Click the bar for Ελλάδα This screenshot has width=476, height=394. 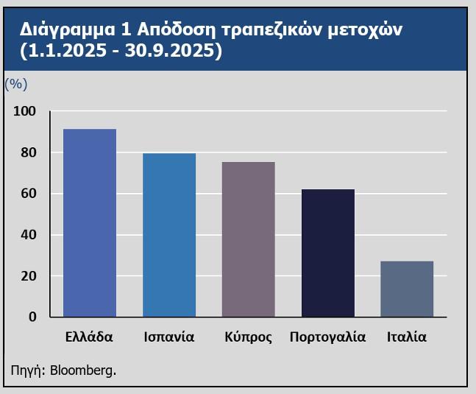pos(90,223)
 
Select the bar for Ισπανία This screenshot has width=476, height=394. pos(169,235)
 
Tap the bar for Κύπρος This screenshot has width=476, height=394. pos(249,239)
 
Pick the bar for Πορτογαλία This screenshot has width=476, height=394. pos(328,253)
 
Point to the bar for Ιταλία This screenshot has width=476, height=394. pos(407,289)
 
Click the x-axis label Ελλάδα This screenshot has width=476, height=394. pos(89,337)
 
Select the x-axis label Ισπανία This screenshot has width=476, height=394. pos(169,337)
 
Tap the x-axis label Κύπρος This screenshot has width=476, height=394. pos(249,338)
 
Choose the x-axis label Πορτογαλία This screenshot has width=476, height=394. pos(328,338)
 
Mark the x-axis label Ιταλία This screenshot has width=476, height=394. pos(407,337)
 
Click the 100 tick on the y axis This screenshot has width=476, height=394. pos(24,111)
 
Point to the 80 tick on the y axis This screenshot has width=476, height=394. pos(27,153)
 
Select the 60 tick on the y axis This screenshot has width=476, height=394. pos(27,194)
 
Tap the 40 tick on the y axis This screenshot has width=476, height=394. pos(27,235)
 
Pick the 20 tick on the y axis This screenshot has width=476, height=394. pos(27,276)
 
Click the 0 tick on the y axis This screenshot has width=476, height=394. pos(32,317)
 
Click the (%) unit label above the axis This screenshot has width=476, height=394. pos(16,84)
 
